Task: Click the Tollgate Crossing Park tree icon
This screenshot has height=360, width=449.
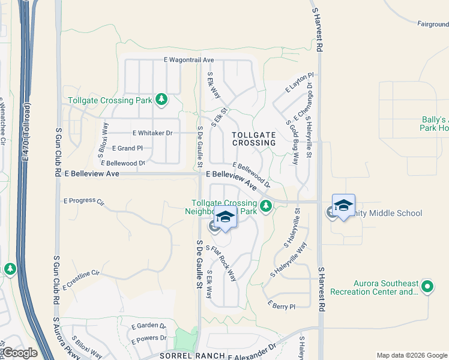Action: tap(161, 100)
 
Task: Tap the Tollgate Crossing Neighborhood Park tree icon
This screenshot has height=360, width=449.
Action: tap(266, 207)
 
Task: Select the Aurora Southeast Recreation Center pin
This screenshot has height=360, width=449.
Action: tap(427, 287)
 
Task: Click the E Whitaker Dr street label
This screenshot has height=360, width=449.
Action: tap(152, 133)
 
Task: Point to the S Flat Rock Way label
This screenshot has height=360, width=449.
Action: tap(221, 263)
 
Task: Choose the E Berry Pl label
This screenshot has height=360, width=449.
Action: tap(282, 306)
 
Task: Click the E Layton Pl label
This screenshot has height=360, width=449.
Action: tap(300, 82)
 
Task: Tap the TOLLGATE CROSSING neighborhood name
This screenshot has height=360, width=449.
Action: tap(254, 139)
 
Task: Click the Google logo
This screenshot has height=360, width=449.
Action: tap(19, 353)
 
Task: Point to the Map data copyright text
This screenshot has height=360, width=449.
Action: tap(411, 355)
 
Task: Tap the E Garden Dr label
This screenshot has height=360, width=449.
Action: tap(148, 325)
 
